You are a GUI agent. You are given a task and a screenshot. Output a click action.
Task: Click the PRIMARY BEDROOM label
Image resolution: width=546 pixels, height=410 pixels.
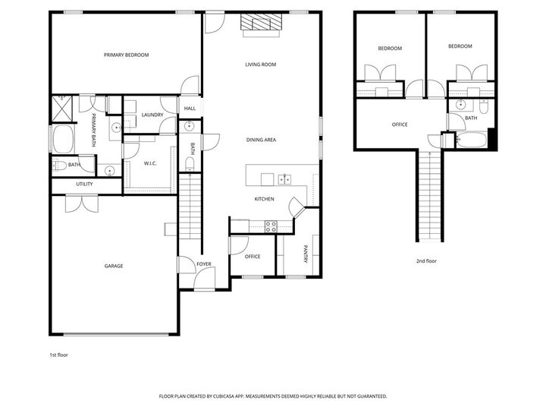(x=126, y=55)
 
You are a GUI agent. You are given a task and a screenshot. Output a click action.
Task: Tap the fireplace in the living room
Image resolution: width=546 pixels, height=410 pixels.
(x=260, y=24)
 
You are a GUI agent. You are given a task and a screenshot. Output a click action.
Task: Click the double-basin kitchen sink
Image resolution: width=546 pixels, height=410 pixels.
(x=285, y=179)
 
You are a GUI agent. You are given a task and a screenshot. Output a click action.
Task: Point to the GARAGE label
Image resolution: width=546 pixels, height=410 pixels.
(x=114, y=266)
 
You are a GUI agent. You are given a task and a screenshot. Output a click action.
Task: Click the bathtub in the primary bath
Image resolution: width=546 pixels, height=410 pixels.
(x=61, y=140)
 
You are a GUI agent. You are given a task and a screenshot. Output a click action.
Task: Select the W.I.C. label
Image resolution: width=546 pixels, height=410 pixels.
(x=150, y=163)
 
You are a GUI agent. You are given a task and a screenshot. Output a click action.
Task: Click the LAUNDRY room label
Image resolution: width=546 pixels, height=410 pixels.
(x=152, y=115)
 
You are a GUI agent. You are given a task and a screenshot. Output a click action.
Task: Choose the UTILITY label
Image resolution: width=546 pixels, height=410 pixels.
(x=84, y=184)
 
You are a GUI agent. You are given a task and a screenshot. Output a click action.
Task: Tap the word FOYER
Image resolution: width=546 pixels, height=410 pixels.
(x=203, y=264)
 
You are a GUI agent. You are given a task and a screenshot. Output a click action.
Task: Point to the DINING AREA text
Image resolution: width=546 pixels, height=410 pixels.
(x=260, y=140)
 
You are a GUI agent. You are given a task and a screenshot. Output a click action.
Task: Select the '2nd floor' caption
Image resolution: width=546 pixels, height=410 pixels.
(x=425, y=260)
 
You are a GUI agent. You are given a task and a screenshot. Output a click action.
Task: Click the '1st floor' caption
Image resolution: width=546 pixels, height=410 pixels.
(x=59, y=355)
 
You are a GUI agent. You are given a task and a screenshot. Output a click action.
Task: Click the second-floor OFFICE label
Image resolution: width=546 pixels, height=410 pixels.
(x=400, y=125)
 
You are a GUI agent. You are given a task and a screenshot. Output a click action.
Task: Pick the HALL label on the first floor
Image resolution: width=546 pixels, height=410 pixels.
(x=190, y=109)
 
